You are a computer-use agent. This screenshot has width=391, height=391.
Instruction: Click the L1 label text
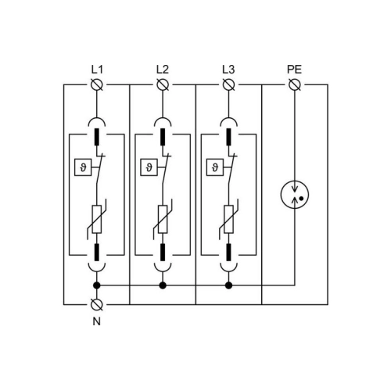tap(97, 70)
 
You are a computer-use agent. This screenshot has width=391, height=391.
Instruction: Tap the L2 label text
tap(163, 70)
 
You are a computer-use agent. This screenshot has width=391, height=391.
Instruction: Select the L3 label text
tap(228, 70)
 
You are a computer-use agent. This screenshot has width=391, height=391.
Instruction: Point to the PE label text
tap(295, 70)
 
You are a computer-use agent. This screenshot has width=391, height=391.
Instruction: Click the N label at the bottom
tap(97, 321)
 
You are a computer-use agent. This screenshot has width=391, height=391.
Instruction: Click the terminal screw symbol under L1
tap(97, 84)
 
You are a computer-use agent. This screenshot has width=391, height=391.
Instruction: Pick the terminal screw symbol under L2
tap(163, 84)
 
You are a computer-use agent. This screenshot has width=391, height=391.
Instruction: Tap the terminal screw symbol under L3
tap(229, 84)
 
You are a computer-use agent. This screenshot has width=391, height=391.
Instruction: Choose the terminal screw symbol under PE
tap(295, 84)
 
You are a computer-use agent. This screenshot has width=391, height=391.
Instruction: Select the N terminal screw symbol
tap(97, 304)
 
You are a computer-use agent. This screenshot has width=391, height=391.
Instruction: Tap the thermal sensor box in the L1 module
tap(83, 167)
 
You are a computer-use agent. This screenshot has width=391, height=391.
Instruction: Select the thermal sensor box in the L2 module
tap(149, 167)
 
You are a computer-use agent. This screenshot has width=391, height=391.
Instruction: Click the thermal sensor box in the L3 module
tap(215, 167)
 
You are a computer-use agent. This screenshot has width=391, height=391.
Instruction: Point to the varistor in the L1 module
tap(97, 219)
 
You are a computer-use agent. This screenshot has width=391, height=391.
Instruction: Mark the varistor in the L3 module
tap(229, 219)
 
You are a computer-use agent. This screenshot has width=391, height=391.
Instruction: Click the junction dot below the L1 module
tap(97, 285)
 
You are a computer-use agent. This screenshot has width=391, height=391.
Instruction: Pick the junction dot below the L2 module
tap(163, 285)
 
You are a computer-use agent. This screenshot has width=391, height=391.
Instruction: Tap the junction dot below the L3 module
tap(228, 285)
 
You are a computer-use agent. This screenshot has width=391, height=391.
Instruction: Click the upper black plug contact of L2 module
tap(163, 137)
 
